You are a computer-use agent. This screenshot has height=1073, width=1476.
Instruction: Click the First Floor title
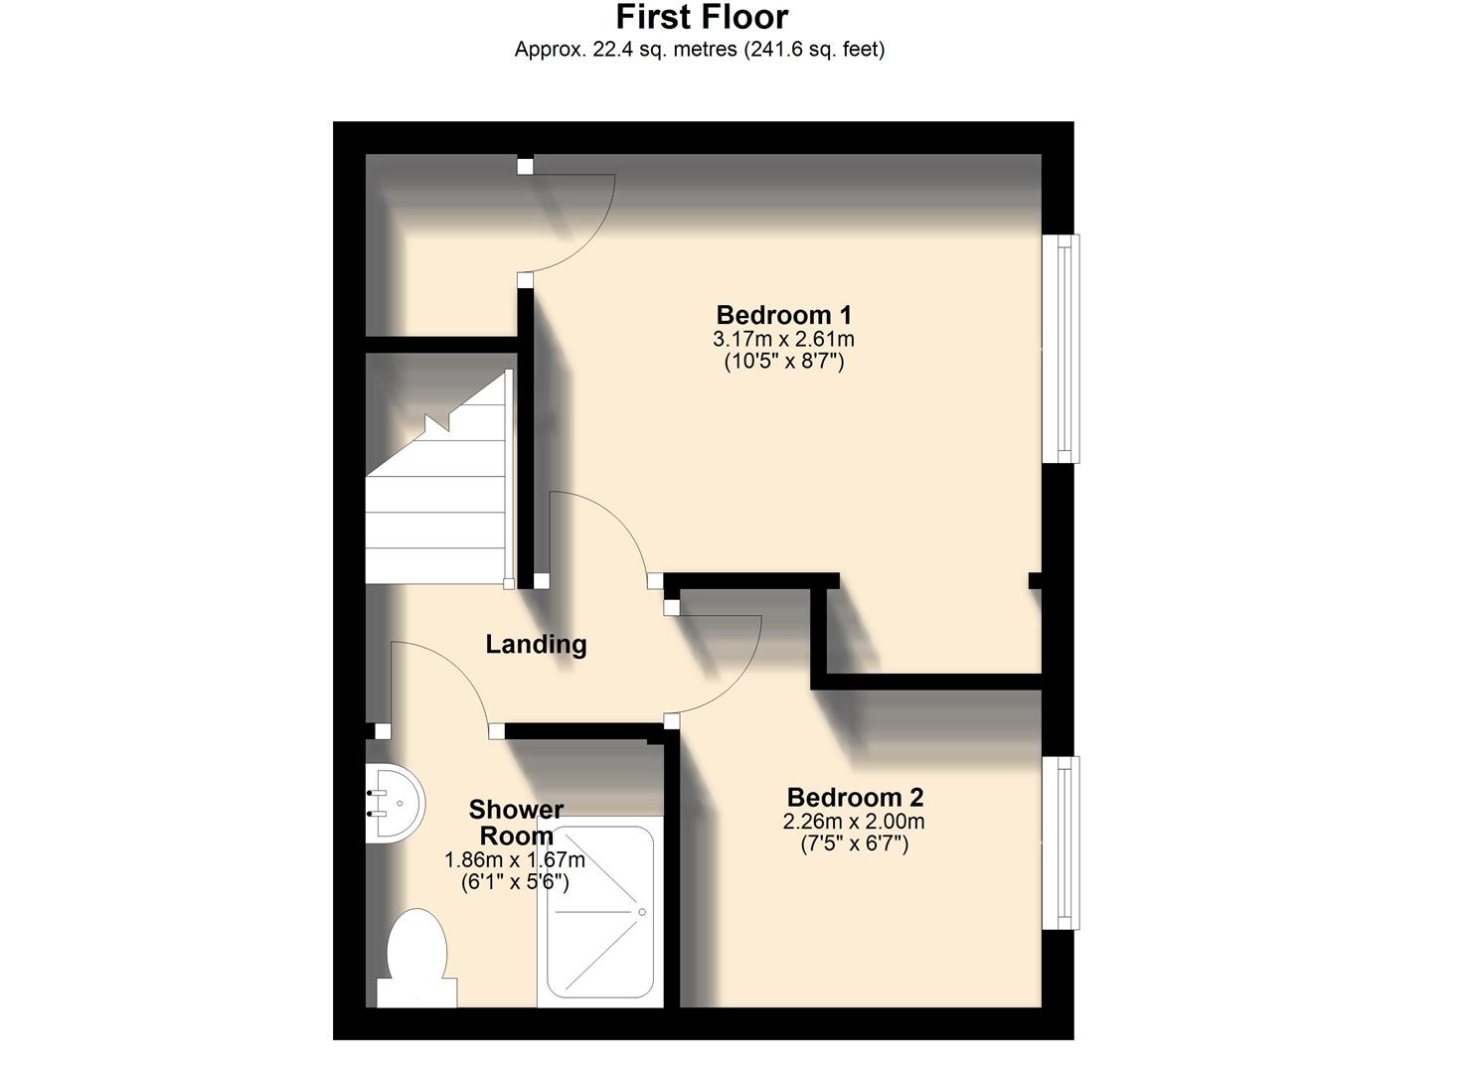pos(702,17)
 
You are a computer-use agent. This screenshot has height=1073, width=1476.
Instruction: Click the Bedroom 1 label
pos(783,315)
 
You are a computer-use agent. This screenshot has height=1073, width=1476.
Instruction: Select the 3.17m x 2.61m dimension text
pos(783,339)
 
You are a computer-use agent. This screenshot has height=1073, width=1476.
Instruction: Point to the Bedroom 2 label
pos(855,797)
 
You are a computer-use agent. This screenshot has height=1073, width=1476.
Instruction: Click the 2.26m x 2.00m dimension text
pos(854,822)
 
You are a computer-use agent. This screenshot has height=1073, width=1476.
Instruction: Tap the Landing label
pos(536,644)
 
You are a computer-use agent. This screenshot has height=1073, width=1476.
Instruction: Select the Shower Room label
pos(516,823)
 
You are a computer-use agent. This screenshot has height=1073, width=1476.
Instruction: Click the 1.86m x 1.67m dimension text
pos(515,859)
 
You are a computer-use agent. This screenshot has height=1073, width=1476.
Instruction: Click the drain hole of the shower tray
pos(642,912)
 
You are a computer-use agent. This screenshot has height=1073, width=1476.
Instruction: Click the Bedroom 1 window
pos(1065,349)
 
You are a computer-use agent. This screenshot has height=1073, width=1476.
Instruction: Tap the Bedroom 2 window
pos(1065,843)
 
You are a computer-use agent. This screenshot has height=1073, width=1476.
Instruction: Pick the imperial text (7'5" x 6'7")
pos(854,844)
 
